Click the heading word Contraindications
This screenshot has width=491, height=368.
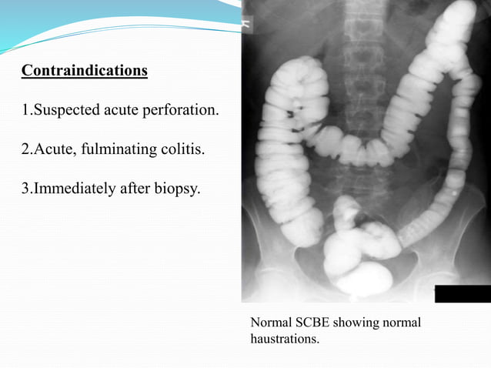[85, 71]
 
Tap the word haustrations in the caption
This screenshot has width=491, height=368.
[284, 338]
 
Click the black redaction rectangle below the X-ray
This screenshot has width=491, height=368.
[462, 293]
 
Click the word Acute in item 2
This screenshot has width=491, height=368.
[50, 148]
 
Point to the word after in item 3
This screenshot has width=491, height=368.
[137, 186]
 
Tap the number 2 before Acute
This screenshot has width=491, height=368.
[25, 148]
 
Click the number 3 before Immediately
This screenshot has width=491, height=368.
[25, 186]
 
